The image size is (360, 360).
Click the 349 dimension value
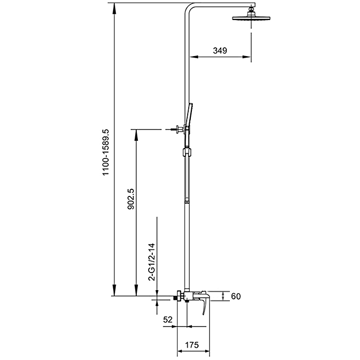coord(220,50)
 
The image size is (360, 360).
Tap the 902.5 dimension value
coord(131,199)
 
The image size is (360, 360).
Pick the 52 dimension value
coord(168,319)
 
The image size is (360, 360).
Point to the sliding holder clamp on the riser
coord(186,152)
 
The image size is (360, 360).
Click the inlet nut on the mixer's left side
coord(178,296)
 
